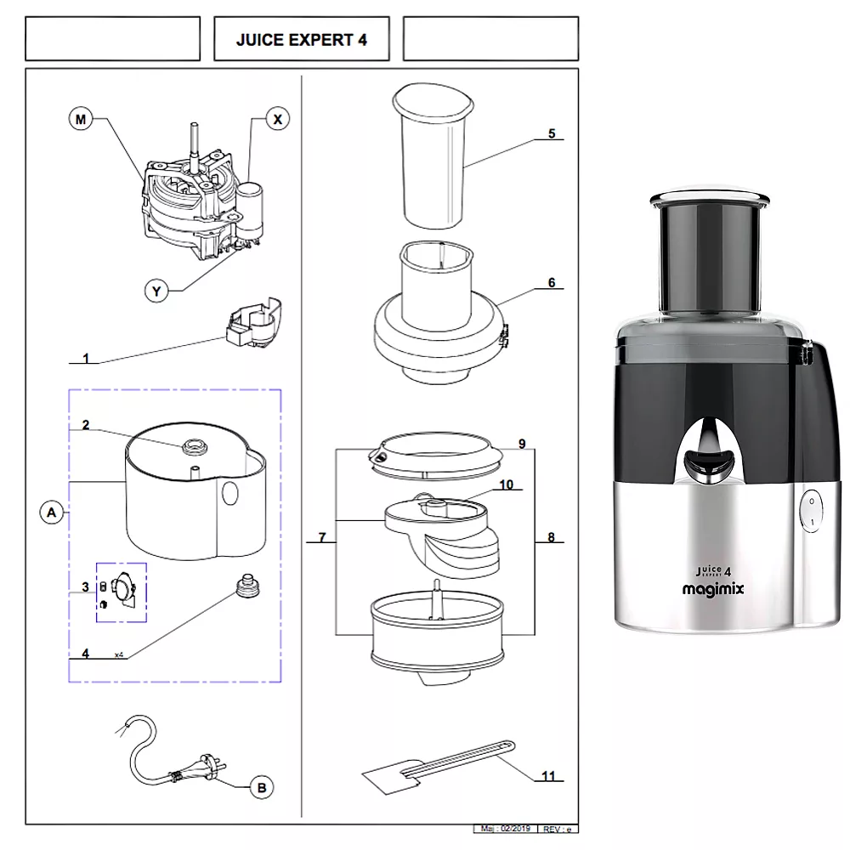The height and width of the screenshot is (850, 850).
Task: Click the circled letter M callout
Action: (x=80, y=120)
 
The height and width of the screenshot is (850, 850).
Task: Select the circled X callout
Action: (x=277, y=120)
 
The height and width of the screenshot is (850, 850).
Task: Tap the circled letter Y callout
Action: (x=156, y=291)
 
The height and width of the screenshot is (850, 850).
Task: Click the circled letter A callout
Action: (x=52, y=513)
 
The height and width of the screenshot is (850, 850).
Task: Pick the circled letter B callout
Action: (x=261, y=788)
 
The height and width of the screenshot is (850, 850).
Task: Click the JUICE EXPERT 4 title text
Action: (x=301, y=39)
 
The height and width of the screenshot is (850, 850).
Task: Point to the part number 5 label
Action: (x=551, y=133)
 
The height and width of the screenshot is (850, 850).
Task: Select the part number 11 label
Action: (x=548, y=775)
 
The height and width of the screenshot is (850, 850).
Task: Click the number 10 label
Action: (x=507, y=484)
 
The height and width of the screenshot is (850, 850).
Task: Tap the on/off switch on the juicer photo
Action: (x=811, y=511)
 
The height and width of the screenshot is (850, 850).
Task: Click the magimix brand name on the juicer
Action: (x=713, y=589)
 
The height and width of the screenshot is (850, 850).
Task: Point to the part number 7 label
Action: (x=322, y=537)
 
